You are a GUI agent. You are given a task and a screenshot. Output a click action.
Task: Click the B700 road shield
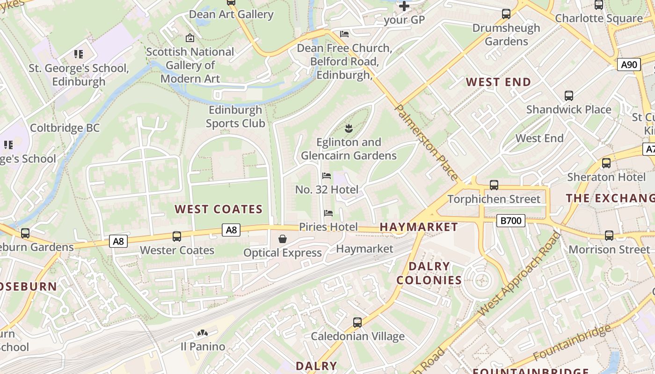(510, 221)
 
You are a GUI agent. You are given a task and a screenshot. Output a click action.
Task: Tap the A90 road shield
(629, 65)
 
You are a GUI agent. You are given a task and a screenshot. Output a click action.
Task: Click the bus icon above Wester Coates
(177, 237)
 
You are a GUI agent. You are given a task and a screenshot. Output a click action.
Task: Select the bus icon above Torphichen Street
(494, 185)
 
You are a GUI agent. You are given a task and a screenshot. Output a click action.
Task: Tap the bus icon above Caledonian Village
(357, 323)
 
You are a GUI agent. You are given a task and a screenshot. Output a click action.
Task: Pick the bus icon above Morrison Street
(609, 236)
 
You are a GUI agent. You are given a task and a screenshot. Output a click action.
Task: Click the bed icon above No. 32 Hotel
(327, 176)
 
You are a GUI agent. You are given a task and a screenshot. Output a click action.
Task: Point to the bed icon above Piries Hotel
(328, 213)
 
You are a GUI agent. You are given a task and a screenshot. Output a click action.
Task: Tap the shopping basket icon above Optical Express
(283, 239)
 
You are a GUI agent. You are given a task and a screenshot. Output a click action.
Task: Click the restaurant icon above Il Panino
(203, 333)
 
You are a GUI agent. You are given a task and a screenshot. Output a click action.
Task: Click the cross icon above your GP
(404, 6)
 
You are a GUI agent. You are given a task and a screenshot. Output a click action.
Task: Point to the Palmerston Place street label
(427, 142)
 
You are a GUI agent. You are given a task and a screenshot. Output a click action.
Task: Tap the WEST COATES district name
(218, 209)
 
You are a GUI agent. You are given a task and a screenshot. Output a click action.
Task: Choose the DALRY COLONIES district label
(429, 273)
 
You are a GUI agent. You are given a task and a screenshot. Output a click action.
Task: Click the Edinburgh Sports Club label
(235, 117)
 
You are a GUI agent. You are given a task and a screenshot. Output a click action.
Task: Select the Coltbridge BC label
(65, 128)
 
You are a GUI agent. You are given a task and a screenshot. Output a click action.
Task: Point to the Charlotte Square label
(599, 19)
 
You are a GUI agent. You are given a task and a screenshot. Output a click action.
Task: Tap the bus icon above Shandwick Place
(569, 96)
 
